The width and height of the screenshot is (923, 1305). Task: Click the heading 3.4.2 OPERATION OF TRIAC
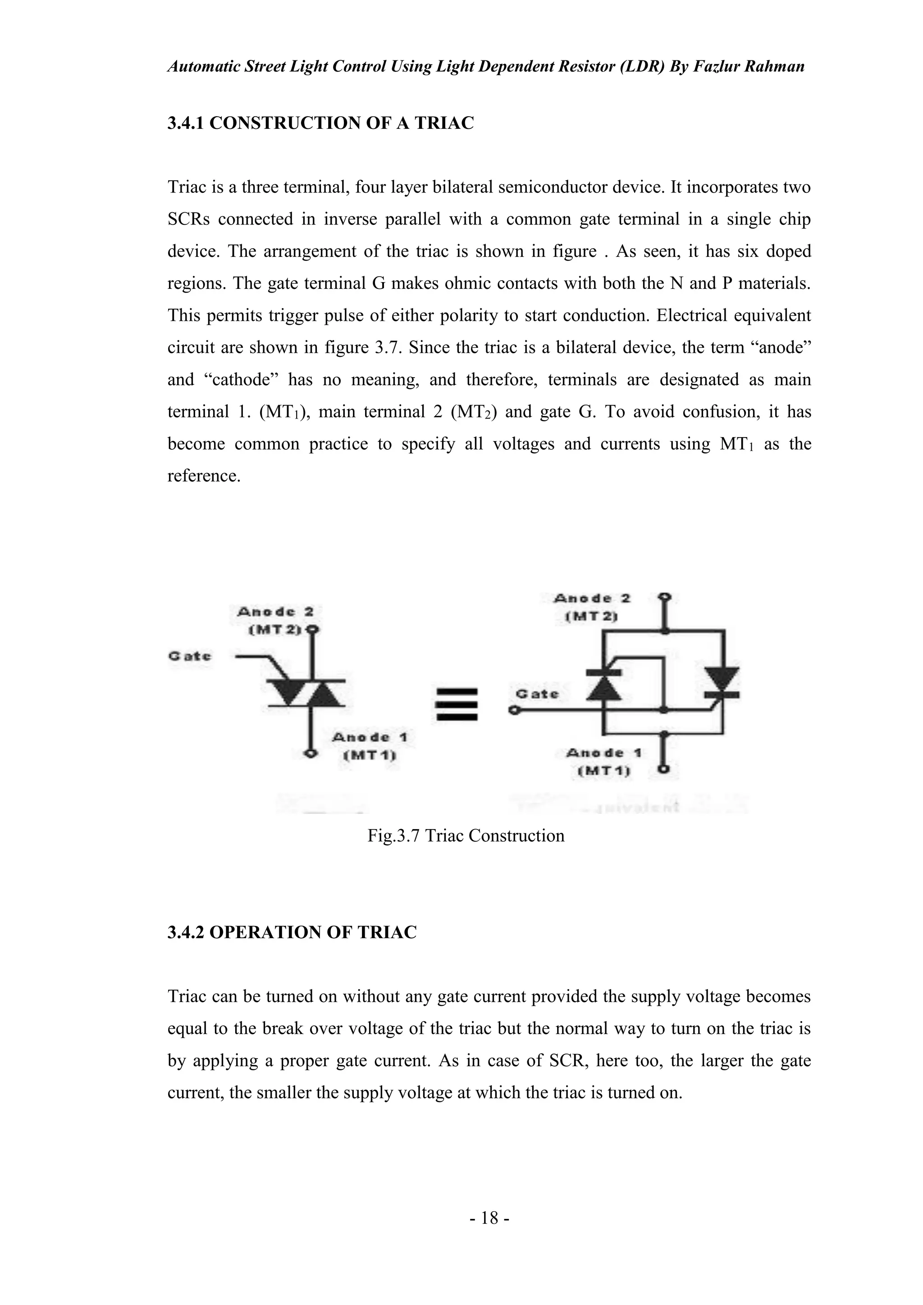point(292,932)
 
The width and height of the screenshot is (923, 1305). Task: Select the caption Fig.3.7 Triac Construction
point(466,835)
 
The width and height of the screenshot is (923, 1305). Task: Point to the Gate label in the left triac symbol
point(189,656)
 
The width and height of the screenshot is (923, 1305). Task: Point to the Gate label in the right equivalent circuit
point(536,694)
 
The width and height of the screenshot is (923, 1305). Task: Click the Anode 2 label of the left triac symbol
point(275,612)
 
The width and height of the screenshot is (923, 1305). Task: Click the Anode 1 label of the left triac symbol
point(370,737)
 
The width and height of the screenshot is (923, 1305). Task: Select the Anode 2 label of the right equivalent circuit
point(592,598)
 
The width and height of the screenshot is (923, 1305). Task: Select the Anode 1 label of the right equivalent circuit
point(603,753)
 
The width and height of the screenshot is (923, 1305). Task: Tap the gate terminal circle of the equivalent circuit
point(514,711)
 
